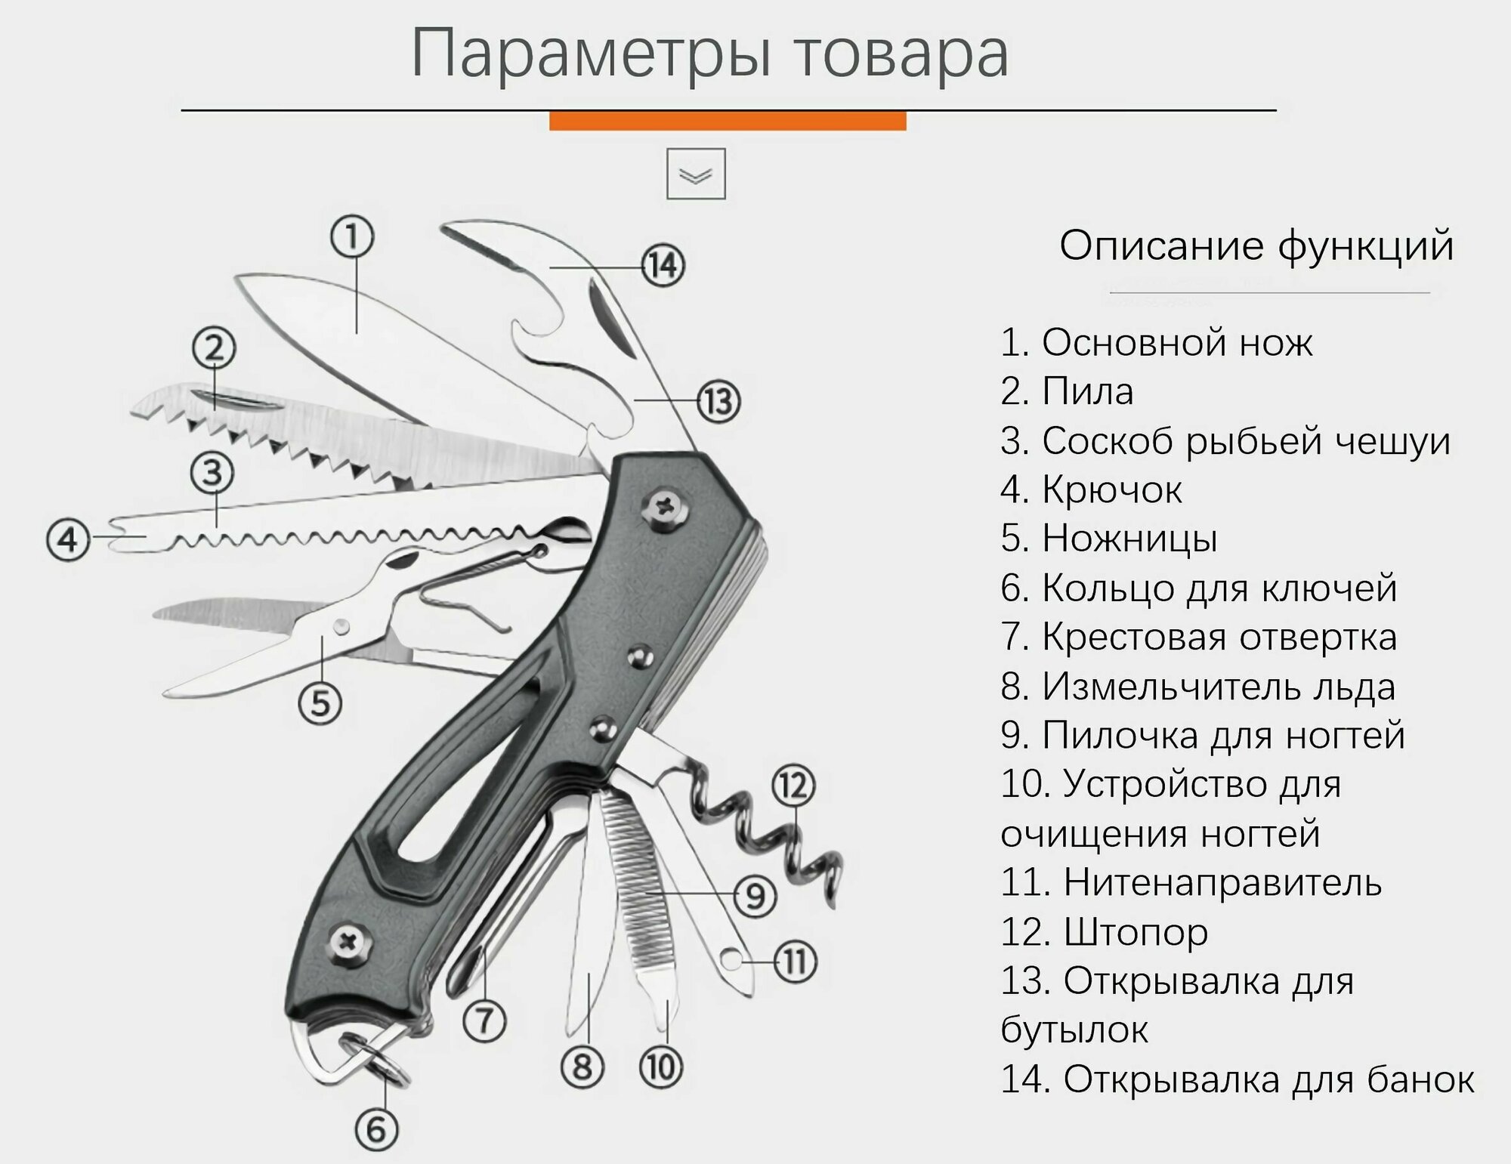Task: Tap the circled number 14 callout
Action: (x=663, y=266)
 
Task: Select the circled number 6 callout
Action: (x=376, y=1130)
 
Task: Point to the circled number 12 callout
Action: (x=793, y=786)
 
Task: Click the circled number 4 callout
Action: (x=68, y=540)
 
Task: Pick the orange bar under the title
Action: (x=727, y=121)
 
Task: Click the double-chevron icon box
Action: (x=696, y=174)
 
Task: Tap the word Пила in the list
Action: (x=1088, y=392)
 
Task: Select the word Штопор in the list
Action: (x=1136, y=932)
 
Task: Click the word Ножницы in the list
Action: (x=1129, y=539)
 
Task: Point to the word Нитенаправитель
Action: (x=1222, y=882)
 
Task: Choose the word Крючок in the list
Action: (x=1111, y=490)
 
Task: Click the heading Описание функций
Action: (x=1256, y=246)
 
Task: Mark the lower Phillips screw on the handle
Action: (x=351, y=943)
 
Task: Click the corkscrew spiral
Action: (x=771, y=831)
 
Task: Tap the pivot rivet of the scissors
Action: (x=341, y=625)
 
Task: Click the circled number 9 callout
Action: (x=755, y=896)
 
